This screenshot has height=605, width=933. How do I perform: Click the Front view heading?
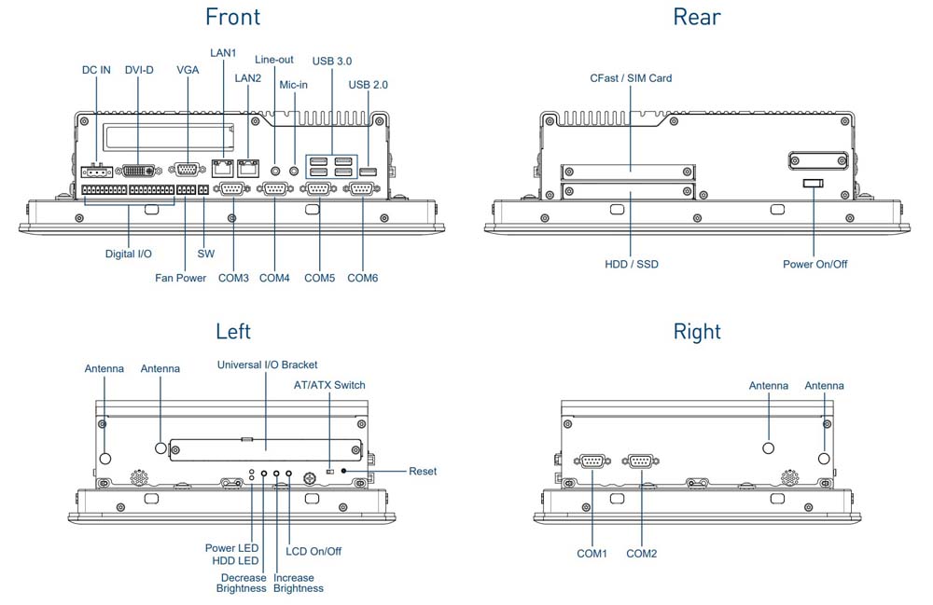(232, 16)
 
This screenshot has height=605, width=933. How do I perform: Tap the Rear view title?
(697, 16)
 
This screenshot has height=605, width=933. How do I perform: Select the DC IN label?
(96, 71)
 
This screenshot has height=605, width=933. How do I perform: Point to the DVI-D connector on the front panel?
(141, 172)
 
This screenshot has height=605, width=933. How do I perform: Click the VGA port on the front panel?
(188, 170)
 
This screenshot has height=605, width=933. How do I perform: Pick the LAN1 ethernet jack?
(223, 169)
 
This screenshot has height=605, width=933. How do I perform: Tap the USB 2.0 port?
(369, 171)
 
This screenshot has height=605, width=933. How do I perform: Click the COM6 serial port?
(362, 189)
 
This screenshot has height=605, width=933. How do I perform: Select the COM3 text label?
(233, 278)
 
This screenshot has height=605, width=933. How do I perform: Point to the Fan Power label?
(180, 278)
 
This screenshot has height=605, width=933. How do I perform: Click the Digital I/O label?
(128, 254)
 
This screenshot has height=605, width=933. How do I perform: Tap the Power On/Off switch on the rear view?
(813, 185)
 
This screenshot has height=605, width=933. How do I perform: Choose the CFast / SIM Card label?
(631, 78)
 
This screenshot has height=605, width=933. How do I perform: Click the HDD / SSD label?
(631, 265)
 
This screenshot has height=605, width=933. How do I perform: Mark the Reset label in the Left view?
(423, 472)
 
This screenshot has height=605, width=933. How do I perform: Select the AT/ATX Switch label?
(329, 385)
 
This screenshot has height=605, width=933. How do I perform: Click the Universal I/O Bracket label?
(267, 364)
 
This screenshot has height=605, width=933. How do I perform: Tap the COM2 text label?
(642, 554)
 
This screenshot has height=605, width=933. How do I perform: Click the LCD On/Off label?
(313, 551)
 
